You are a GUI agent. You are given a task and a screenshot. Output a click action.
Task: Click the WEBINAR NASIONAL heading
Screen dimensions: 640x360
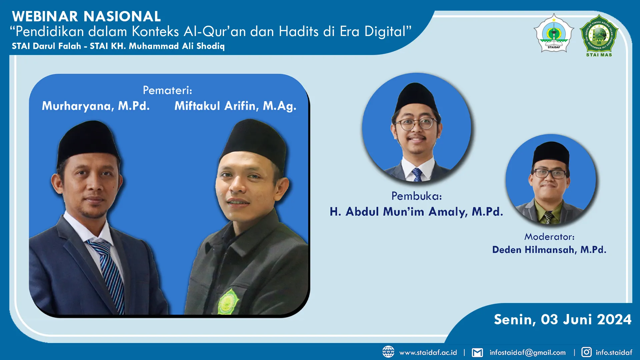click(86, 16)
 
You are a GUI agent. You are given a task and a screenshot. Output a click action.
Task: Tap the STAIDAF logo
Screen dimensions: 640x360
click(554, 33)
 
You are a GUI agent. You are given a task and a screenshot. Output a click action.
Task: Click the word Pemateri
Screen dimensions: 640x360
click(167, 90)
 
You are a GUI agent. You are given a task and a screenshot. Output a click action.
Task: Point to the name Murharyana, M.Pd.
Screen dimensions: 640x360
click(96, 106)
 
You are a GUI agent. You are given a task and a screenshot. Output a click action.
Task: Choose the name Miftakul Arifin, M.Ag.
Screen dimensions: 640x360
click(235, 106)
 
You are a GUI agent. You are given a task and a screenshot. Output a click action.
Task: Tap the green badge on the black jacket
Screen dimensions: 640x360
click(229, 302)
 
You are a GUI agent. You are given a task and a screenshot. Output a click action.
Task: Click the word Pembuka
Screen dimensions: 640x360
click(416, 196)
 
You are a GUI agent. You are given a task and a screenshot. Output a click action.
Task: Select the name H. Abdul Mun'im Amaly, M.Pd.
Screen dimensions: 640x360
click(416, 212)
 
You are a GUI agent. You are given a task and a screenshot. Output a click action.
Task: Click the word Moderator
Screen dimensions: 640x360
click(549, 237)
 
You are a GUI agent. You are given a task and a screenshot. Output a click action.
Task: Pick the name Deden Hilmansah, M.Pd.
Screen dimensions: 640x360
click(549, 250)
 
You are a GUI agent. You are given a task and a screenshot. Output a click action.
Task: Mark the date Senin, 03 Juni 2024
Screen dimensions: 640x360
click(563, 319)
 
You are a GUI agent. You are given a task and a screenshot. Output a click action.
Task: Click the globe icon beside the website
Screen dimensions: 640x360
click(388, 352)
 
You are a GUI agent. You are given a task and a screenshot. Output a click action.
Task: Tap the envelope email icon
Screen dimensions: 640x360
click(477, 352)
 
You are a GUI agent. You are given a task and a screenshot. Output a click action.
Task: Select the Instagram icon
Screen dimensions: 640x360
click(586, 352)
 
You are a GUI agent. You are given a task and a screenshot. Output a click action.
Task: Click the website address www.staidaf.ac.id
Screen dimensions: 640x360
click(428, 352)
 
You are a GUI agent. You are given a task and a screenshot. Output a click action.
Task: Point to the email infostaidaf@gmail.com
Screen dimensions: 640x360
click(527, 352)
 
